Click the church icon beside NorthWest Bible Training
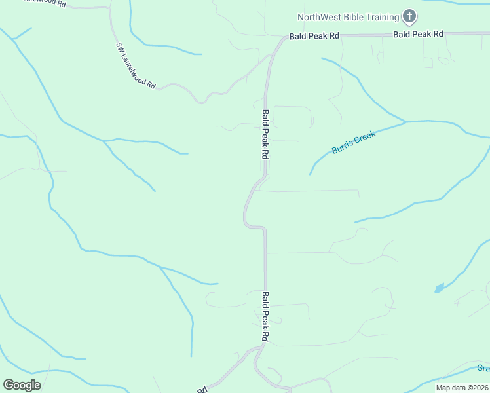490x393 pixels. click(x=409, y=16)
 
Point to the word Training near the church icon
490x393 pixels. click(x=383, y=17)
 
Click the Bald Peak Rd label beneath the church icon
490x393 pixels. click(x=418, y=33)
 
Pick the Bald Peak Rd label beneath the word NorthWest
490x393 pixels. click(x=314, y=36)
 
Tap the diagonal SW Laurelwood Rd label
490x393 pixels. click(x=136, y=66)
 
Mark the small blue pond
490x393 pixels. click(x=438, y=288)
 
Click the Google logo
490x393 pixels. click(x=22, y=384)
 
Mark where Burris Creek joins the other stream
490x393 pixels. click(x=405, y=122)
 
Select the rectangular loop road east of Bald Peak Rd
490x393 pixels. click(x=292, y=117)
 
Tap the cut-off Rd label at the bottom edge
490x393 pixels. click(x=202, y=389)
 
